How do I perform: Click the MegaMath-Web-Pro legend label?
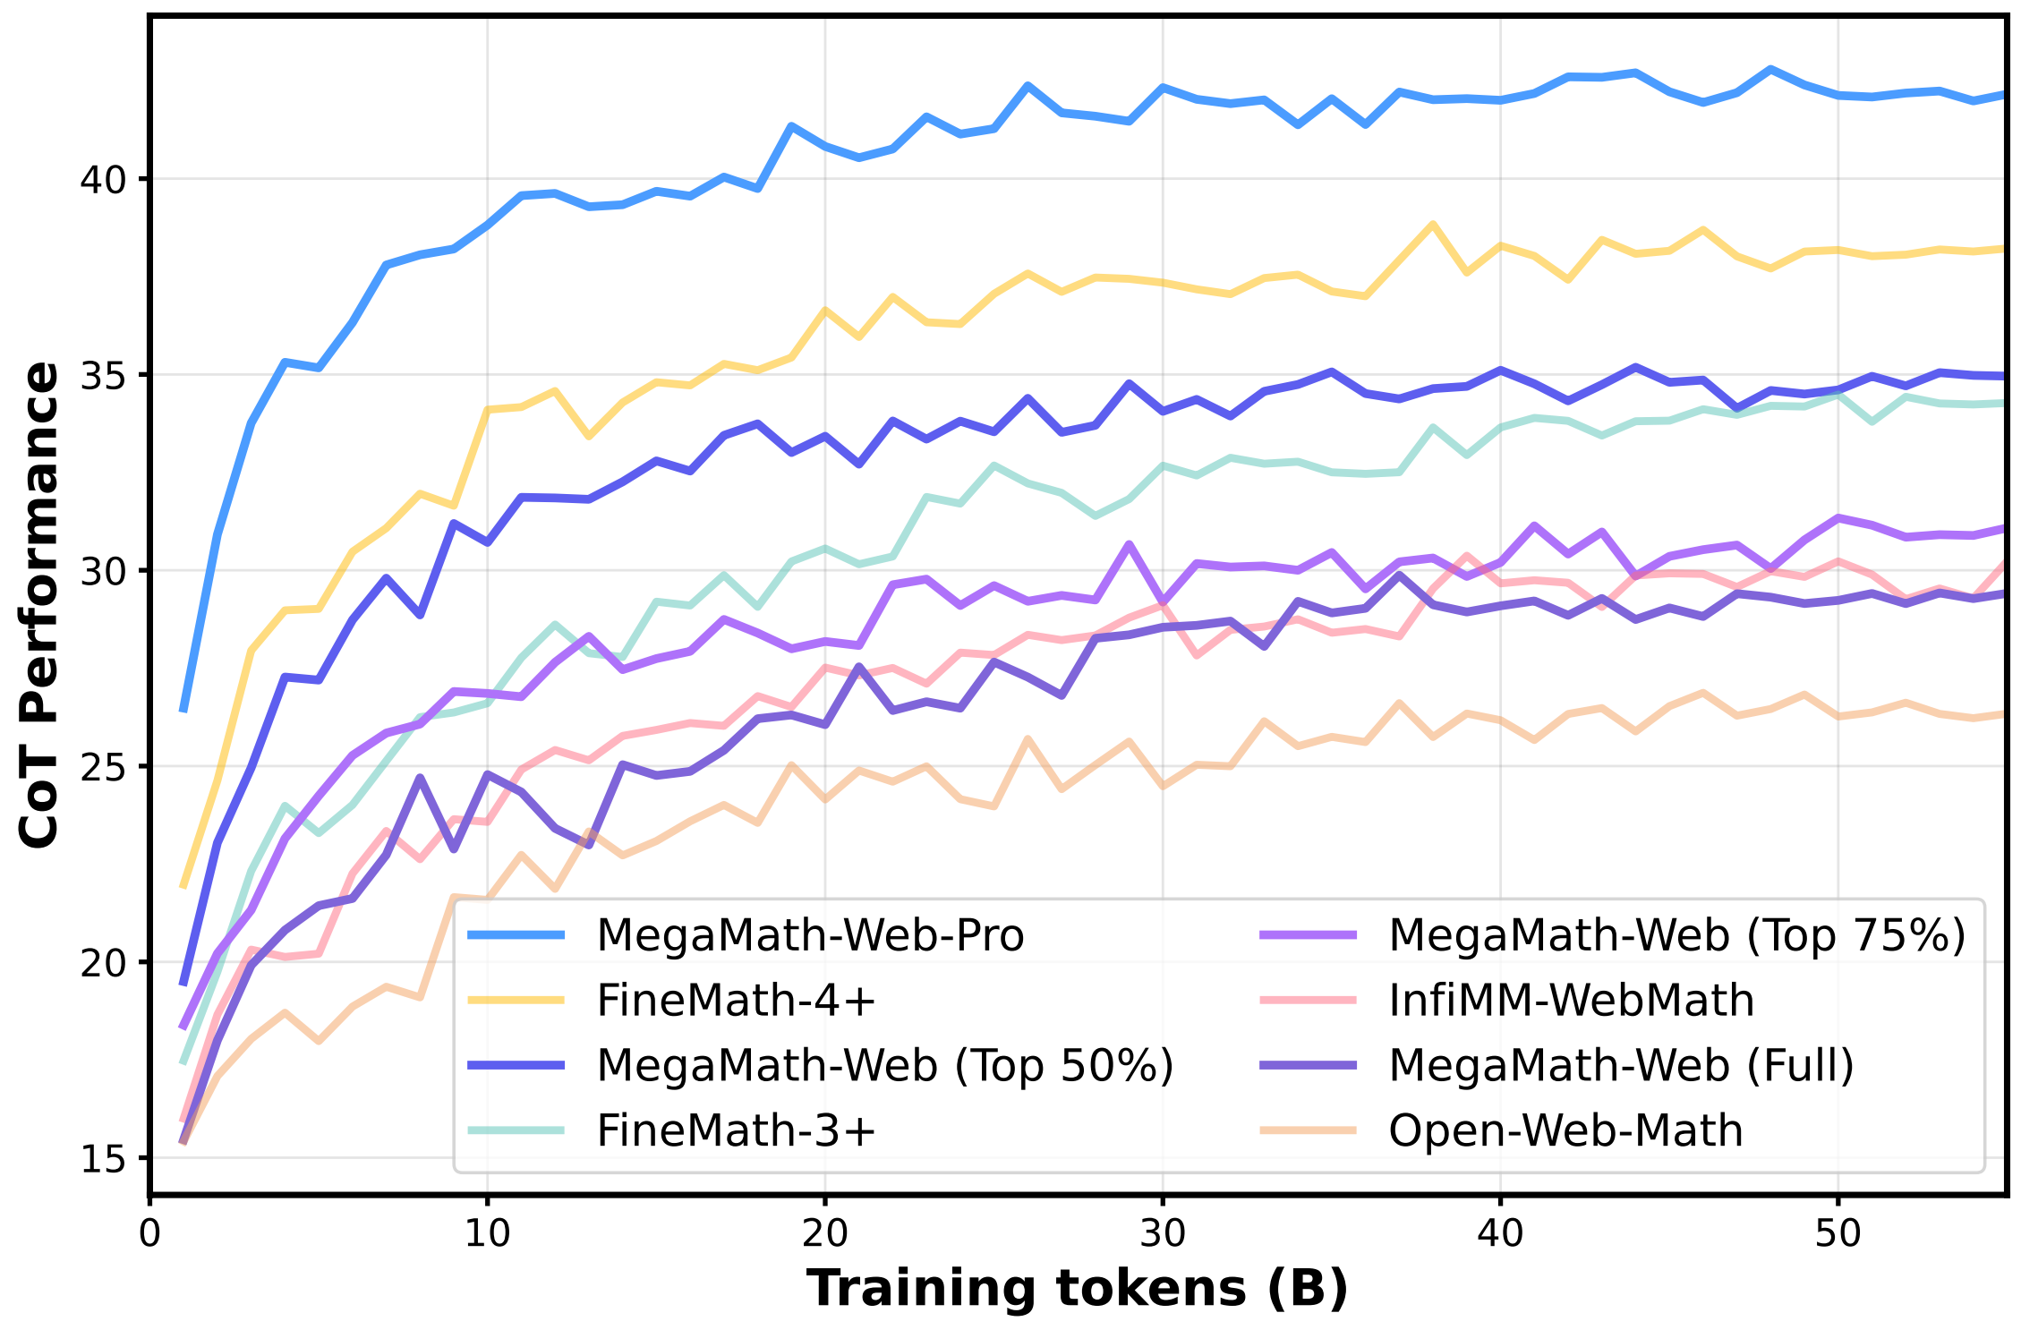[810, 935]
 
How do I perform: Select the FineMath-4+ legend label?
[736, 1001]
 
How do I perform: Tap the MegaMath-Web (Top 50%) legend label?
[885, 1065]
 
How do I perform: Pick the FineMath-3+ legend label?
[736, 1130]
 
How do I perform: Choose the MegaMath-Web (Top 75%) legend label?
[1677, 935]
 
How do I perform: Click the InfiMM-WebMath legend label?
[1571, 1001]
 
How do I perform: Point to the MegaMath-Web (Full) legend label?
[1621, 1065]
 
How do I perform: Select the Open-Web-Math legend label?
[1565, 1130]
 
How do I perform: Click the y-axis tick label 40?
[104, 180]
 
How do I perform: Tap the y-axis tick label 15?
[104, 1159]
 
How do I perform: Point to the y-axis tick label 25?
[104, 767]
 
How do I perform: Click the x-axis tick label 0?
[149, 1233]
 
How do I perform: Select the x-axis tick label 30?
[1163, 1233]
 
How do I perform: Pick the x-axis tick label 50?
[1838, 1233]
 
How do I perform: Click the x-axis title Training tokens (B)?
[1078, 1290]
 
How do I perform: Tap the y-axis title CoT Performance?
[39, 605]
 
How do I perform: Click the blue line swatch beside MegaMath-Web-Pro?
[516, 935]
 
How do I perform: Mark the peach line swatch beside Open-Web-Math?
[1308, 1130]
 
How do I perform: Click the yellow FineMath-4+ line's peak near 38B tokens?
[1433, 224]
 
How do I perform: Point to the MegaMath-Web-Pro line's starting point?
[183, 711]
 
